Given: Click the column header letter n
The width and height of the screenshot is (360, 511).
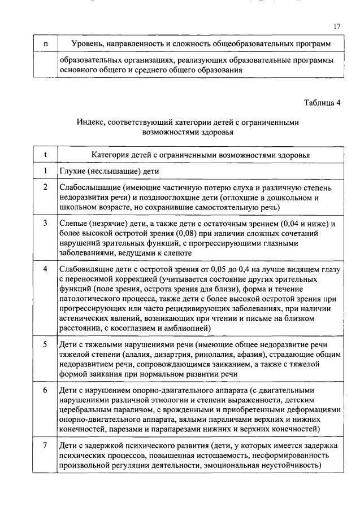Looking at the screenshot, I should pos(45,43).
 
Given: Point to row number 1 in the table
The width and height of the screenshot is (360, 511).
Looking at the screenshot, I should pos(45,171).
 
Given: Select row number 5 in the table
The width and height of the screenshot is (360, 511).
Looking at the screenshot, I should pos(45,344).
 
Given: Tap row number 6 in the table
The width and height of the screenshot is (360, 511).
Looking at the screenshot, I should pos(45,390).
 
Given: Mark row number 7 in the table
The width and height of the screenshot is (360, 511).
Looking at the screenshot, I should pos(45,446).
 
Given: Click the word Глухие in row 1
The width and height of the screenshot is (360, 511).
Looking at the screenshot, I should pos(73,171).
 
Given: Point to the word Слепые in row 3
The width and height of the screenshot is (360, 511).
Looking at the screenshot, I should pos(73,224).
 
